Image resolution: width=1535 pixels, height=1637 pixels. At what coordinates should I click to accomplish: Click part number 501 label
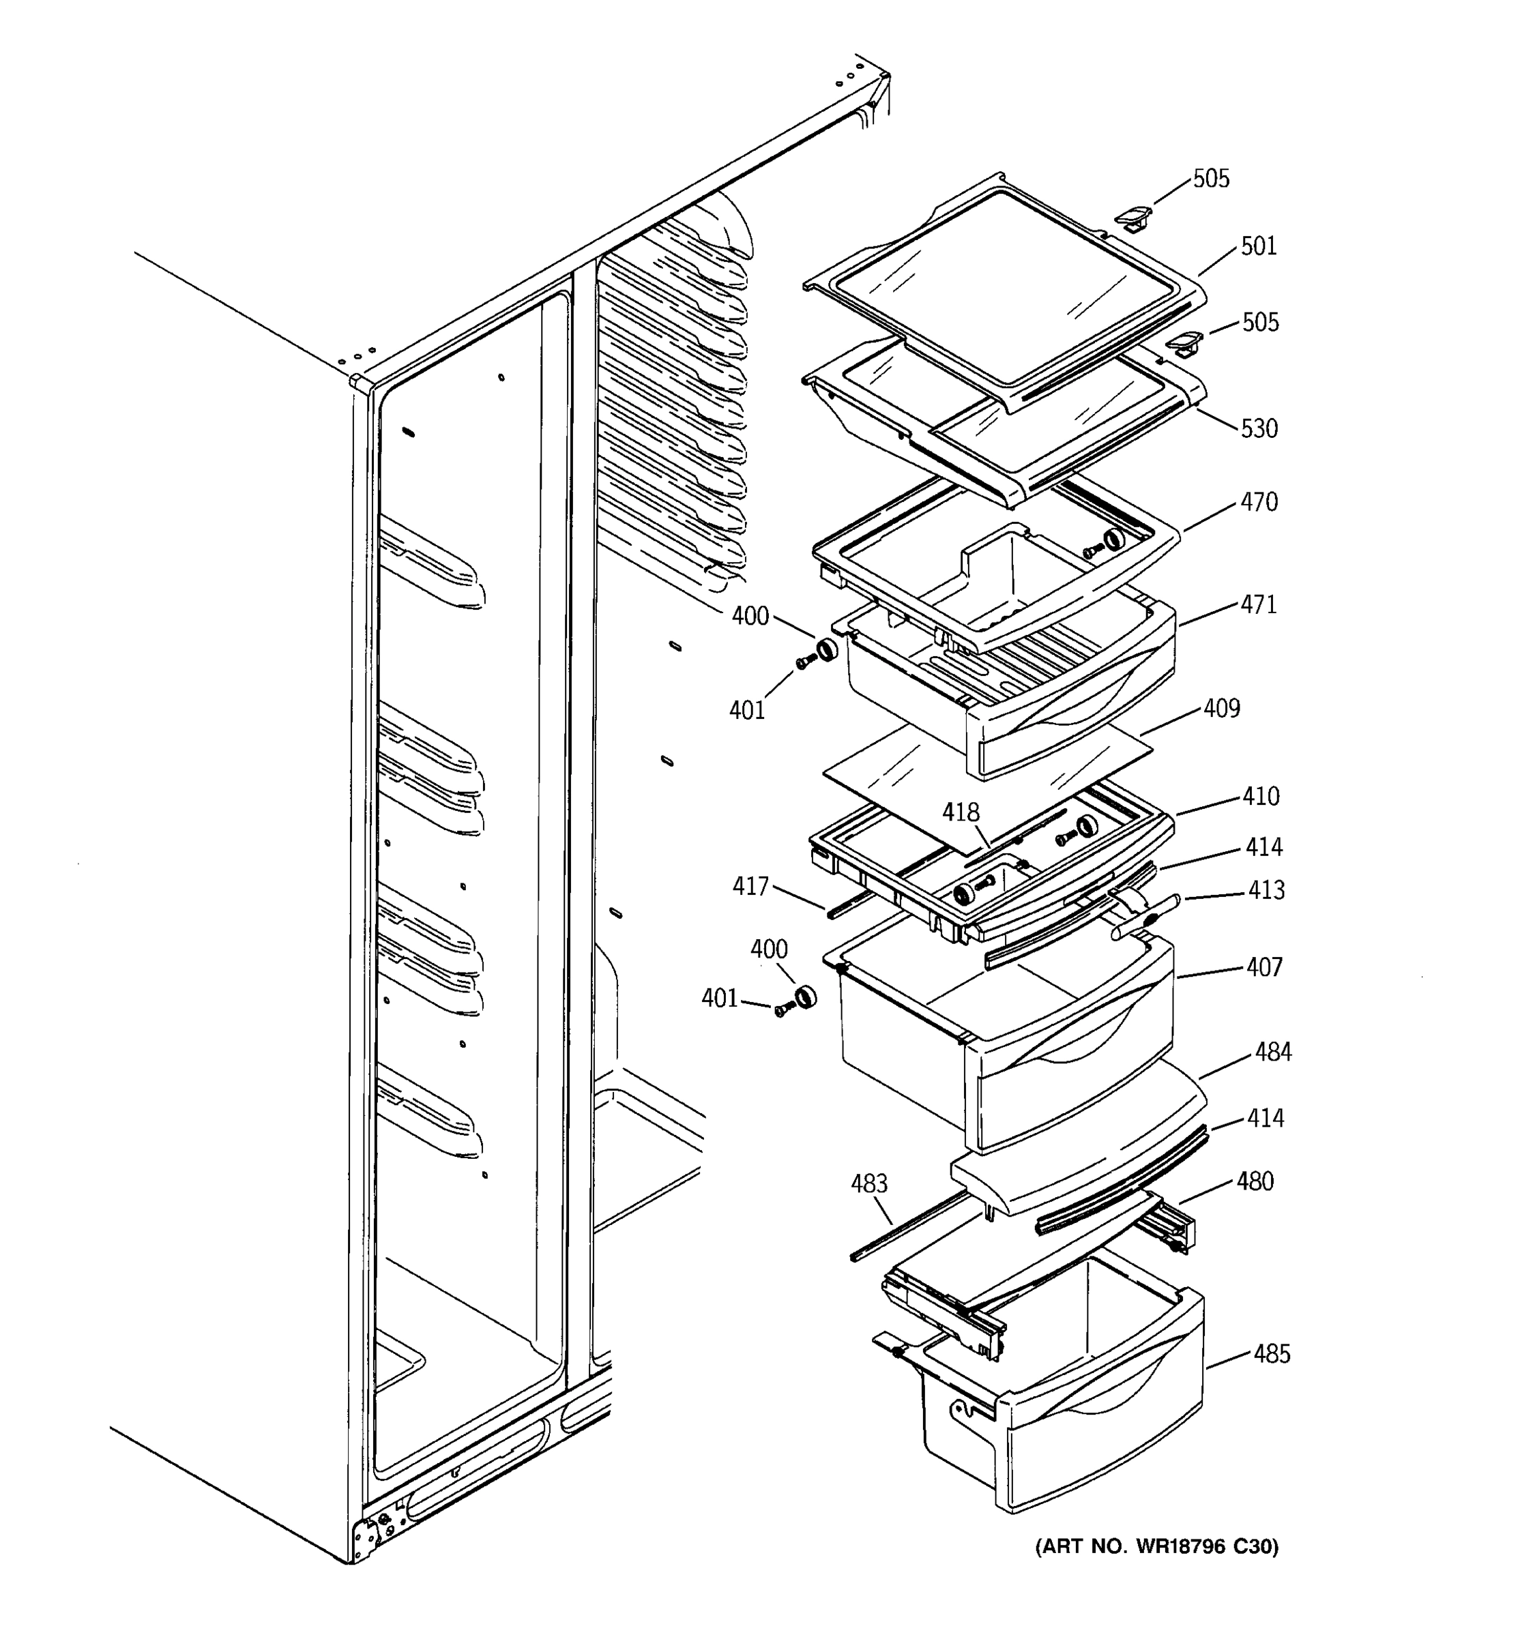[x=1258, y=246]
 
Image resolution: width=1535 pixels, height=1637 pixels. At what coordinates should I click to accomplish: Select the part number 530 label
[x=1259, y=428]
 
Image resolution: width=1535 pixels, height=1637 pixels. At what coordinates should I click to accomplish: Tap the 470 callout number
[x=1259, y=501]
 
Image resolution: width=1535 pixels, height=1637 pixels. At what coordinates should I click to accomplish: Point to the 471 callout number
[x=1258, y=604]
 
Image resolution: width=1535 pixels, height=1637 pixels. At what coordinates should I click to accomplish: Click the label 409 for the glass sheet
[x=1221, y=708]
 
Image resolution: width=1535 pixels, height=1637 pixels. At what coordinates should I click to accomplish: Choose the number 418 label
[x=961, y=813]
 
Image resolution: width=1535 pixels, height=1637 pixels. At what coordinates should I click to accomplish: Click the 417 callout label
[x=750, y=886]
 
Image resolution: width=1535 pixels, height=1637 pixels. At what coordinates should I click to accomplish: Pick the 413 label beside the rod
[x=1266, y=889]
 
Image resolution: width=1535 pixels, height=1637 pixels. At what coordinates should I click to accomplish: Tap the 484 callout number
[x=1273, y=1052]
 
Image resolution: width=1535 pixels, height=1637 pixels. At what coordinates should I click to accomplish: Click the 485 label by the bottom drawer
[x=1272, y=1354]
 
